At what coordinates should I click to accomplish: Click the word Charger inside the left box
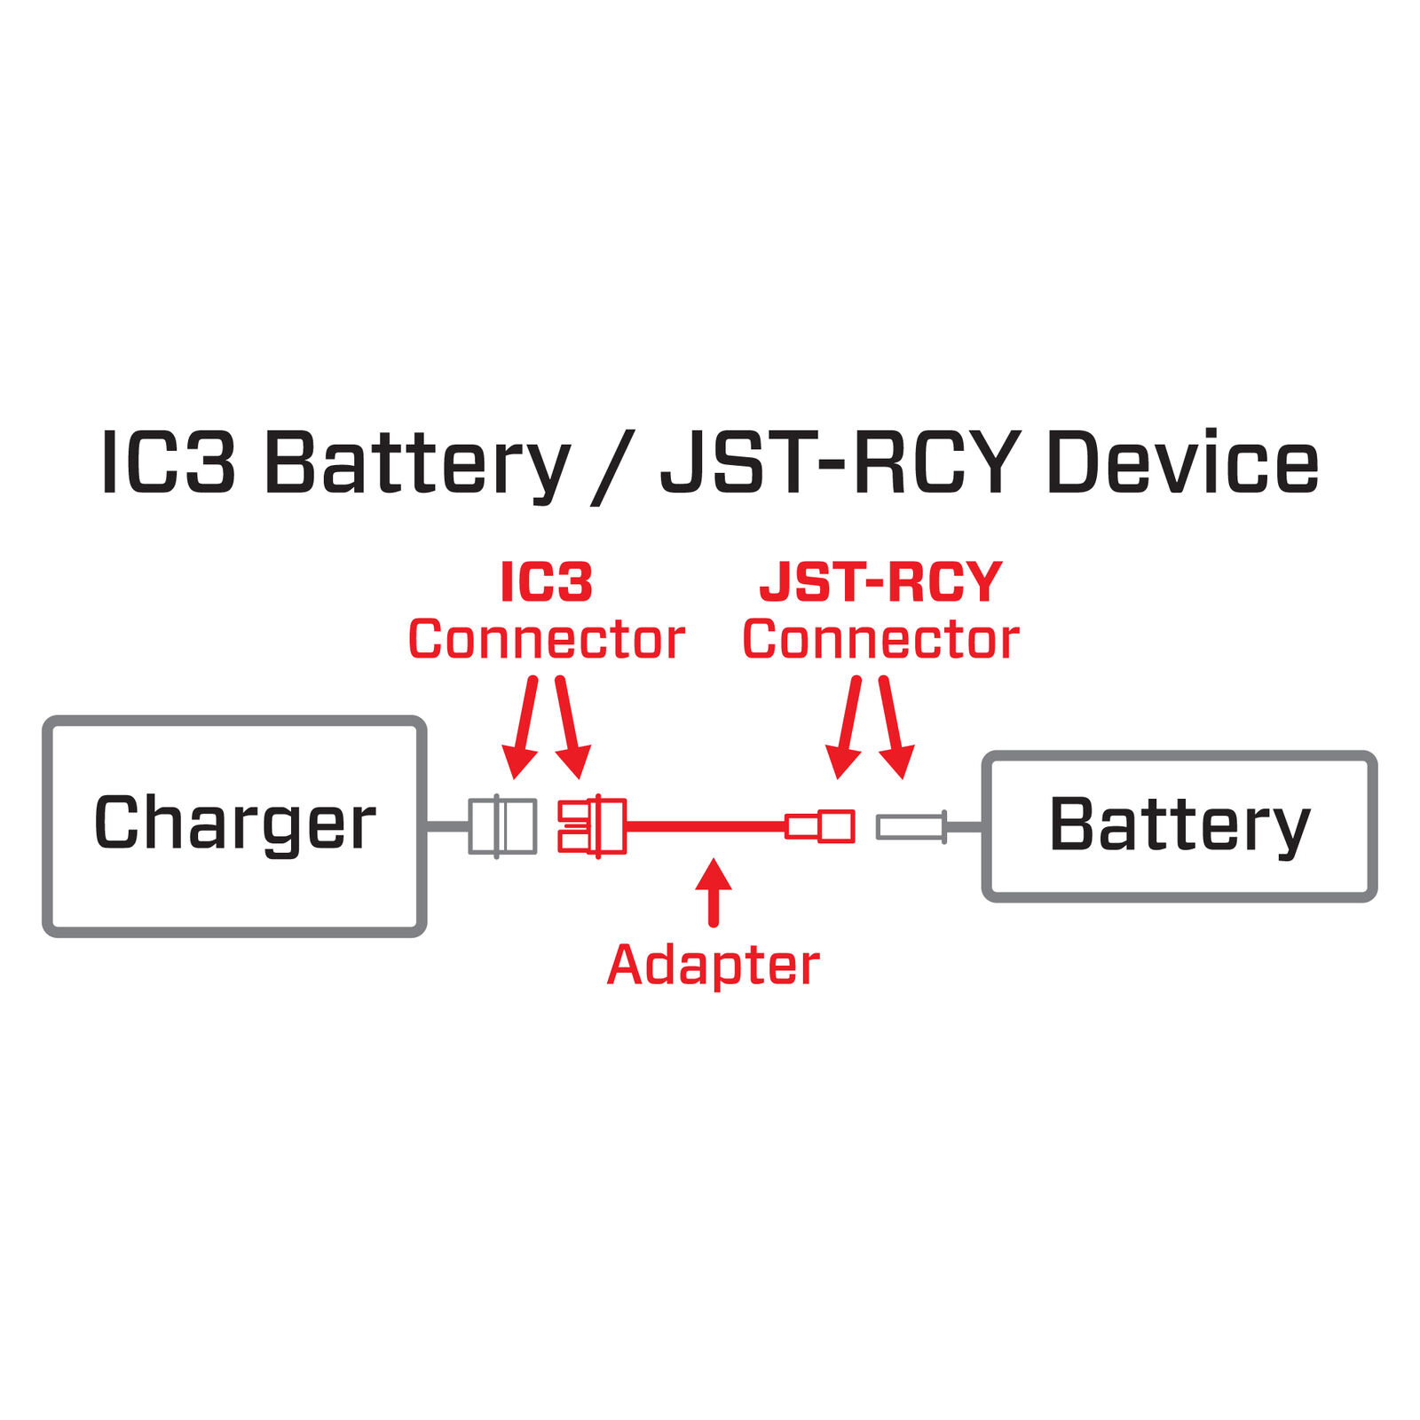(x=234, y=824)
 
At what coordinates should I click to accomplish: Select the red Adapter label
(x=713, y=965)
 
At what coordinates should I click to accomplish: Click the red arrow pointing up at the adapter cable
(x=714, y=891)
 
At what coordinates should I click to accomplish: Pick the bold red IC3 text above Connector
(x=546, y=582)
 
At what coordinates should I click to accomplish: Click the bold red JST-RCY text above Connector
(x=880, y=582)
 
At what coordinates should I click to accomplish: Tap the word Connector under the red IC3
(x=546, y=640)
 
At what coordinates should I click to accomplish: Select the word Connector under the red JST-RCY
(x=880, y=640)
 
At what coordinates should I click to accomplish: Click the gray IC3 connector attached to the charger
(x=502, y=826)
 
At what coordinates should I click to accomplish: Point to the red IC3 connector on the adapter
(x=592, y=826)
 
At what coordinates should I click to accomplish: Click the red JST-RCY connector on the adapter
(x=820, y=826)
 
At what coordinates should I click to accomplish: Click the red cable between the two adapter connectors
(x=706, y=826)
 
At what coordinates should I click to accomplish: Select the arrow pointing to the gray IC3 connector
(x=523, y=728)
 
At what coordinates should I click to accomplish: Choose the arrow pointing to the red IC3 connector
(x=570, y=728)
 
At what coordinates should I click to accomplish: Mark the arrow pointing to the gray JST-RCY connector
(x=894, y=728)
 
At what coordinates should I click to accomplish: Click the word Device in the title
(x=1182, y=463)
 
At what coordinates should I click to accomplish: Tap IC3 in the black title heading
(x=169, y=463)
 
